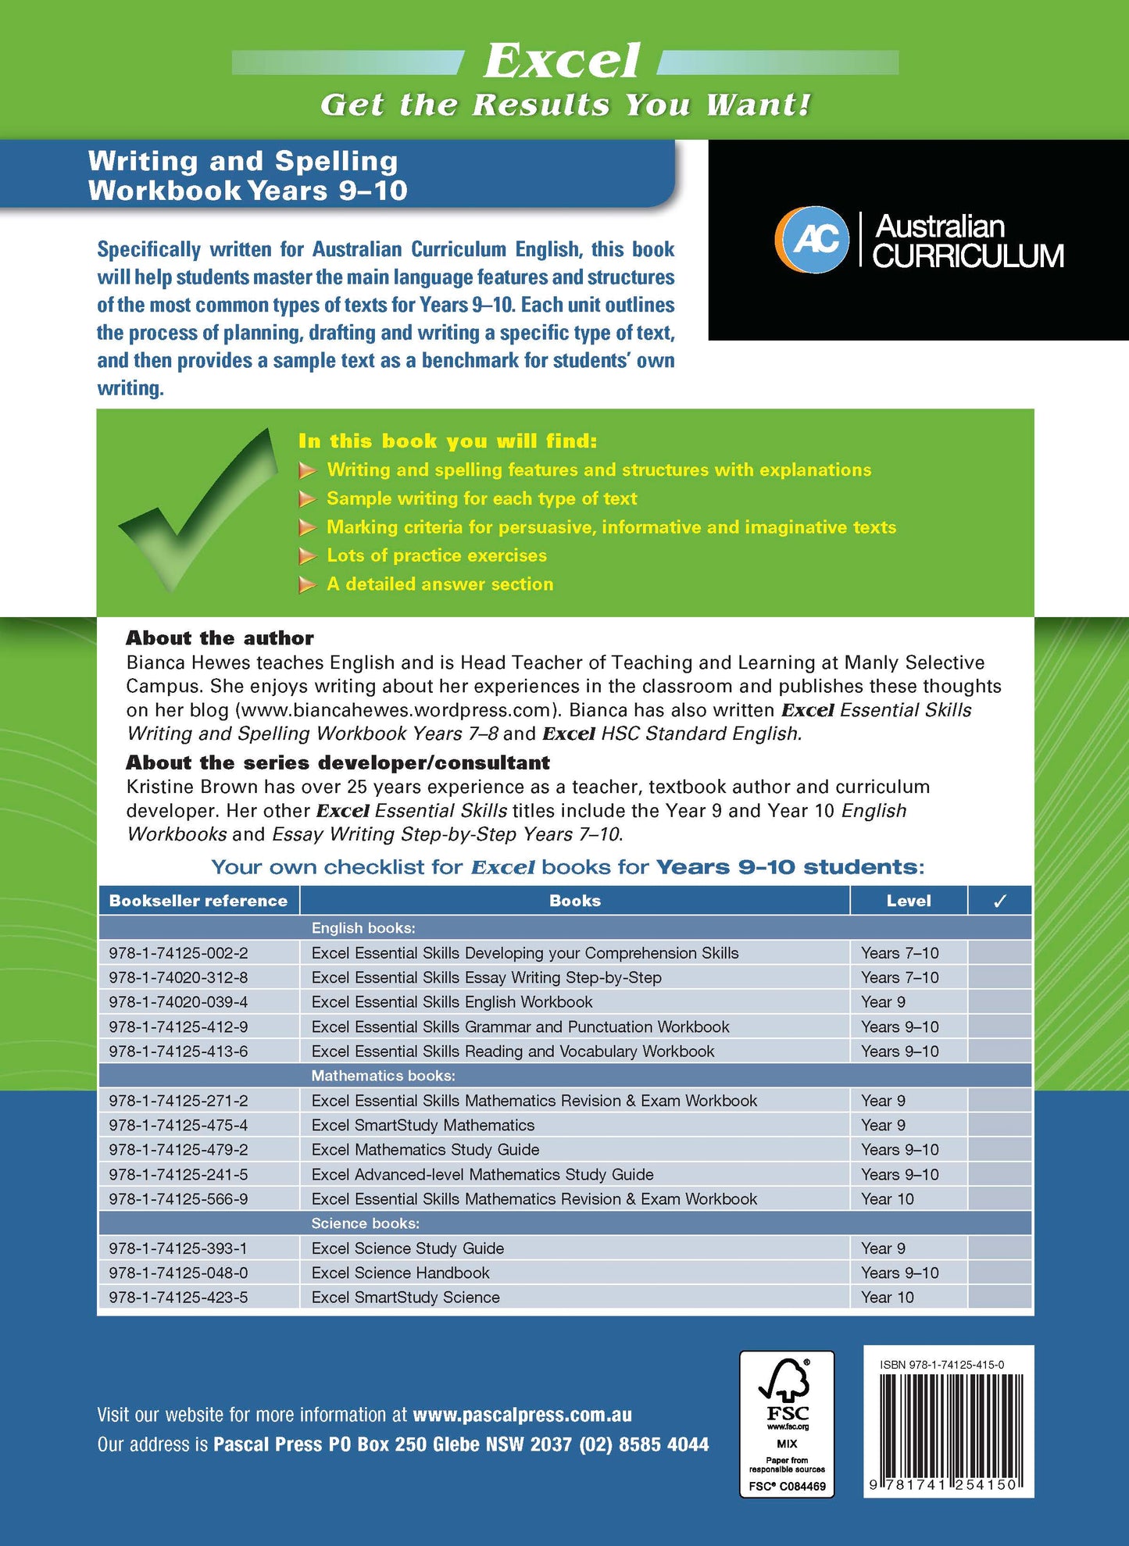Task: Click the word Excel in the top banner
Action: coord(563,61)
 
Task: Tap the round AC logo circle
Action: coord(812,240)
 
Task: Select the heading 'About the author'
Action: coord(220,638)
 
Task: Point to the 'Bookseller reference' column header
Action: coord(198,901)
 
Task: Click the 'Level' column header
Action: coord(909,901)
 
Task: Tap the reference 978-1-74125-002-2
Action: coord(179,953)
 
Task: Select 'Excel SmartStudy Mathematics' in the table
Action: coord(423,1125)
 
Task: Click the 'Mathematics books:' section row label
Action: coord(383,1076)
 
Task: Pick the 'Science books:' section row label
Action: coord(365,1223)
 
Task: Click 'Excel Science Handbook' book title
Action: coord(400,1273)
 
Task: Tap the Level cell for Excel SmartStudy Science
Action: coord(888,1297)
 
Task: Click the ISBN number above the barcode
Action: coord(941,1365)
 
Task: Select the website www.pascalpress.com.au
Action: coord(522,1415)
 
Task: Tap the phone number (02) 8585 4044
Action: coord(644,1444)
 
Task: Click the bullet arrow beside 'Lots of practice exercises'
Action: coord(307,556)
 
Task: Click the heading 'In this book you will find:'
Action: coord(448,441)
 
